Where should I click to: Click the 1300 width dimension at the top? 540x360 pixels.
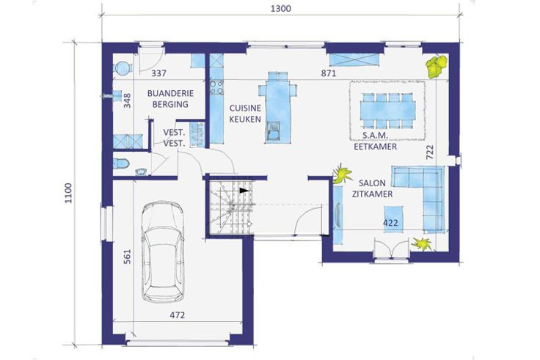281,8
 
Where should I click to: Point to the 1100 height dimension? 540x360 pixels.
68,193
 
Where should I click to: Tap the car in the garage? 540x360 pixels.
163,252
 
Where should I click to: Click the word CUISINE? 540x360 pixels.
245,109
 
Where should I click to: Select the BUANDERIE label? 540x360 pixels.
170,93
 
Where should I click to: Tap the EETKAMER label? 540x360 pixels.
376,147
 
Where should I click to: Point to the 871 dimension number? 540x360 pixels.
329,73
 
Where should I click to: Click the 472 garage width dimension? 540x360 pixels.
178,315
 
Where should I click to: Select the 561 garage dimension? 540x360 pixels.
128,257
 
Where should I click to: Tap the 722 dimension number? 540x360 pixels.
430,152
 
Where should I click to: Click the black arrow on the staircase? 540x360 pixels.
244,191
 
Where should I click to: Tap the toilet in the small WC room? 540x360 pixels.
121,163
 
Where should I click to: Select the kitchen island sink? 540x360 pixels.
274,132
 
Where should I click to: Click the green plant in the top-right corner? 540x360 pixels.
437,65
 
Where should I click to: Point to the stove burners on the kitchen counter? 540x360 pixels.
217,87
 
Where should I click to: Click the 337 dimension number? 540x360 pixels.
158,73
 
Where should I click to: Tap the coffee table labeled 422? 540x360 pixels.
393,219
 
